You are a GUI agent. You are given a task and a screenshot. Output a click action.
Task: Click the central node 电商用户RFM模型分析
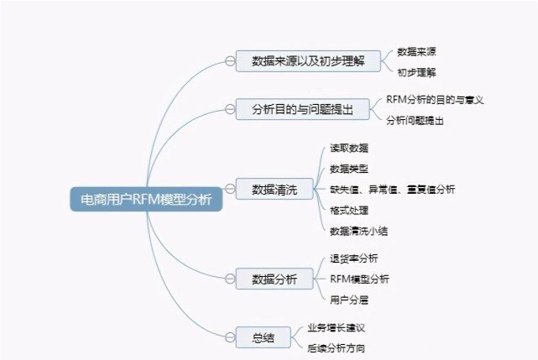click(x=147, y=199)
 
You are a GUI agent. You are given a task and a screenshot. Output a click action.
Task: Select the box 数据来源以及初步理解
click(x=308, y=61)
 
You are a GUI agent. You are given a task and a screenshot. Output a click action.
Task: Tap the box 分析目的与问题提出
click(x=303, y=109)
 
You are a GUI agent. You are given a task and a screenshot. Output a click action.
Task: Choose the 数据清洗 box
click(x=274, y=189)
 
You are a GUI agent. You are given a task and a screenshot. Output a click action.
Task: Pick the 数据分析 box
click(x=274, y=279)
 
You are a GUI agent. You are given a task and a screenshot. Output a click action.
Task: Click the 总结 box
click(x=264, y=337)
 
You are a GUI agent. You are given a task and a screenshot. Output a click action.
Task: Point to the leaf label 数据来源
click(x=416, y=51)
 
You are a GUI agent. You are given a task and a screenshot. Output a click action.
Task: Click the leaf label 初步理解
click(x=416, y=72)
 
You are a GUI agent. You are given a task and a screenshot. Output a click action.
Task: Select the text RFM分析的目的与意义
click(x=435, y=100)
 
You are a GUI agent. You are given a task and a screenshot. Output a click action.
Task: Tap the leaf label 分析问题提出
click(x=415, y=121)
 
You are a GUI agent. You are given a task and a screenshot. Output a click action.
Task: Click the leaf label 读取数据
click(x=349, y=148)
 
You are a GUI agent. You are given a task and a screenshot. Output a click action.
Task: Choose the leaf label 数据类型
click(x=349, y=169)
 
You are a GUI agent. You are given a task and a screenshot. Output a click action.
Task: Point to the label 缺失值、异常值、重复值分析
click(x=393, y=189)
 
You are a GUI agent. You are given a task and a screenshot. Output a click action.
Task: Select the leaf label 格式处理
click(x=349, y=210)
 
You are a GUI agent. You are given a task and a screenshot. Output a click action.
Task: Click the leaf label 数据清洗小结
click(x=359, y=231)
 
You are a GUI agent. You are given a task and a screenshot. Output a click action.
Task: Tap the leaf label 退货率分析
click(x=353, y=258)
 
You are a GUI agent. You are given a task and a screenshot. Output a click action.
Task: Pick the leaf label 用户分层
click(x=349, y=300)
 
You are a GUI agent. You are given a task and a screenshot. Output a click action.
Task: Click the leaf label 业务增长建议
click(x=336, y=327)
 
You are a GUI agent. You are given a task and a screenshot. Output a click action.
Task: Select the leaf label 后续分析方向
click(x=336, y=348)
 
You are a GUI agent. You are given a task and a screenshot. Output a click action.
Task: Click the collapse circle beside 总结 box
click(x=230, y=337)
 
